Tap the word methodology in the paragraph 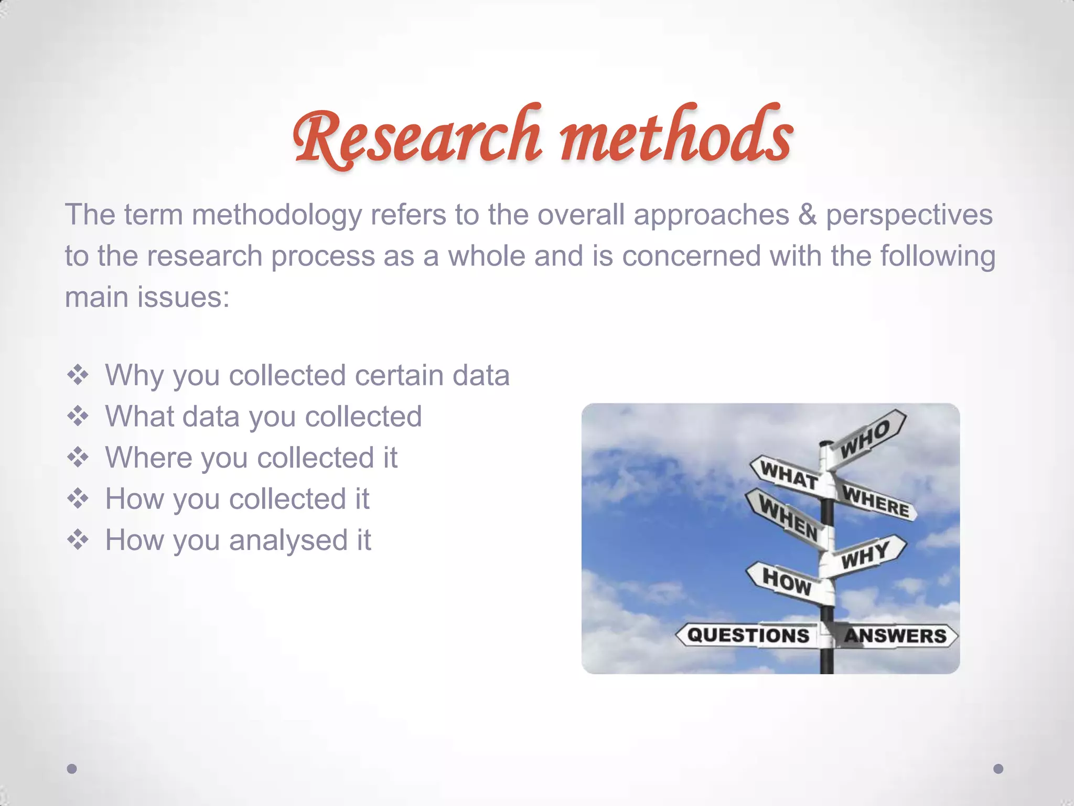(x=277, y=215)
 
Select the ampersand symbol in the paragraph (x=808, y=215)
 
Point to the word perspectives (x=909, y=215)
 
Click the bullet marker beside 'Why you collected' (x=78, y=376)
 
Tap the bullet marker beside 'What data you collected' (x=78, y=417)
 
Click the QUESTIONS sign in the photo (x=748, y=635)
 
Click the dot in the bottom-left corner (x=72, y=769)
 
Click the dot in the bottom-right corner (x=998, y=769)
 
